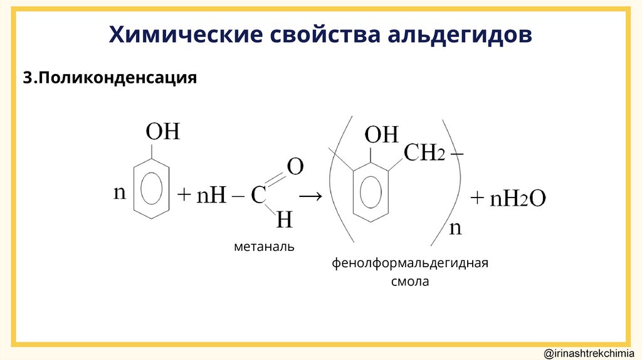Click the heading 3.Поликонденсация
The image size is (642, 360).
(x=110, y=78)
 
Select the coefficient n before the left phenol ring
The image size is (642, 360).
(x=119, y=193)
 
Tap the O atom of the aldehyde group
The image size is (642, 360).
(x=295, y=167)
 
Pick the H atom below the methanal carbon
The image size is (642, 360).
(x=285, y=220)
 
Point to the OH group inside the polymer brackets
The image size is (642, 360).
(x=381, y=134)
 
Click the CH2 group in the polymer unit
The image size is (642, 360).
(x=424, y=152)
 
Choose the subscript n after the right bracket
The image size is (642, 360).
(x=455, y=227)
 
